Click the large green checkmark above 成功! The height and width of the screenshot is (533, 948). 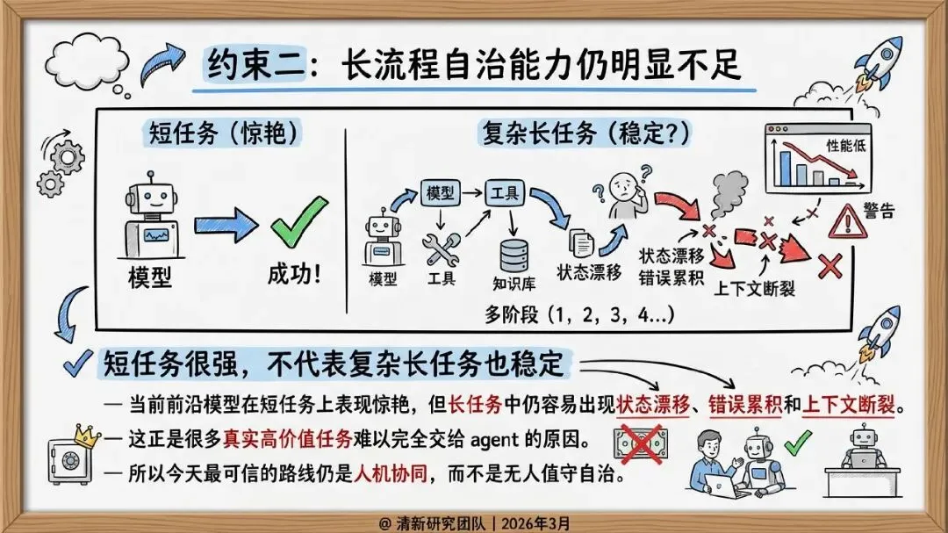[x=298, y=222]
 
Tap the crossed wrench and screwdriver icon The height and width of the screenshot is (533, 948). [x=441, y=248]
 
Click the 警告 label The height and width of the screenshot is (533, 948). [x=879, y=212]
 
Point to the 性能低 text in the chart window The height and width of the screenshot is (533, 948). [x=844, y=146]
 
